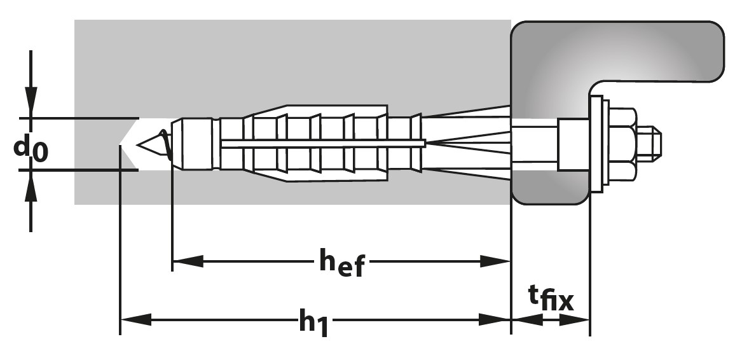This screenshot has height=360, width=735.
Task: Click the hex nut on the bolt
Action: pos(619,144)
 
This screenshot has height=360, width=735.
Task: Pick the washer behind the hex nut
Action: pos(596,144)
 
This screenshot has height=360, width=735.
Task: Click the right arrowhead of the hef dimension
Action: pos(496,261)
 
